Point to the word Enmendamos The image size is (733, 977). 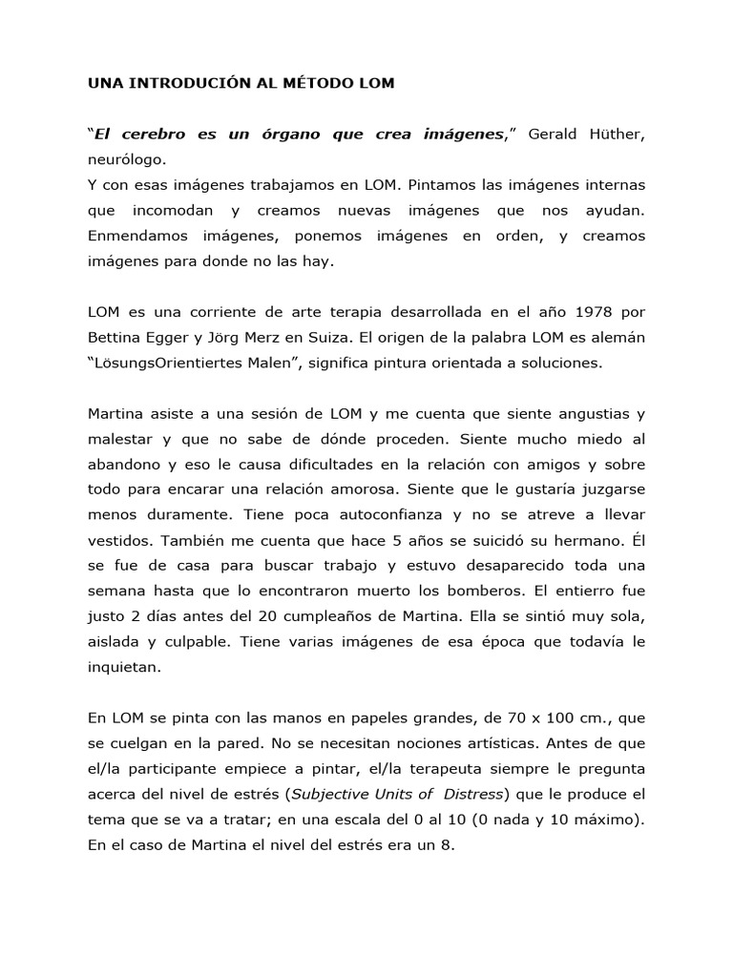[132, 235]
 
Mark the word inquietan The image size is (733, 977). [122, 668]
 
